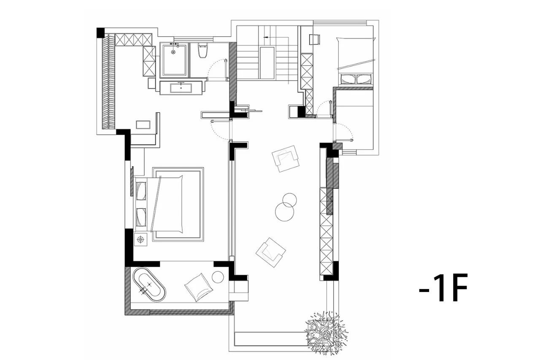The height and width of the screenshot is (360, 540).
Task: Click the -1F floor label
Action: [443, 288]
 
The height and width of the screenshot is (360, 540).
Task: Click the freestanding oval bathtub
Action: [149, 284]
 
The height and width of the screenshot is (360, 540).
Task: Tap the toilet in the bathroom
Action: [202, 50]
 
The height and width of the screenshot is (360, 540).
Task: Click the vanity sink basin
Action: [181, 88]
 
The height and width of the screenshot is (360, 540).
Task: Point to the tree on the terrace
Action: [326, 333]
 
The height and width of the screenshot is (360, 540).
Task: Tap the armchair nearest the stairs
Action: [285, 158]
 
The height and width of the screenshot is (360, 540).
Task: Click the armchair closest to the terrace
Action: [270, 252]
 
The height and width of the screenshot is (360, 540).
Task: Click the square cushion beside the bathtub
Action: [199, 287]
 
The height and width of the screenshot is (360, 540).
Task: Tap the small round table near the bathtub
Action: [218, 277]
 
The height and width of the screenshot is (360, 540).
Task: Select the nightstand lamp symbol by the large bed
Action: [140, 239]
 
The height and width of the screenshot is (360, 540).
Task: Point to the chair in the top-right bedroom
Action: [315, 40]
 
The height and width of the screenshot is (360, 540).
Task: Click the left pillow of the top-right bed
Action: [348, 79]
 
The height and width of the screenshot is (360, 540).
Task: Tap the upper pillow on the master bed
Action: [141, 191]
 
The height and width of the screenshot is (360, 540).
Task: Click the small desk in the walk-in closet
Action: [143, 125]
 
